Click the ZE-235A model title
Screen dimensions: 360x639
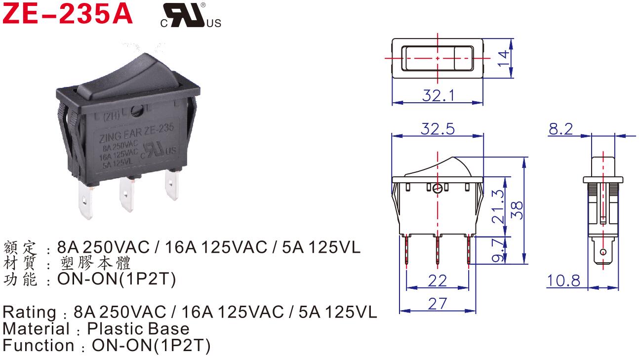[x=68, y=14]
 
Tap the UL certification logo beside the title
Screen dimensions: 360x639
[x=190, y=16]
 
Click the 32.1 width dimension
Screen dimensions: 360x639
[x=438, y=95]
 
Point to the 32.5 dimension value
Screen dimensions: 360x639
[x=437, y=129]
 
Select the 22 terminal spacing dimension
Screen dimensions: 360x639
[x=437, y=280]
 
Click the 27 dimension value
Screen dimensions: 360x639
[x=437, y=303]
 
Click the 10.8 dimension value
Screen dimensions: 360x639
[x=563, y=280]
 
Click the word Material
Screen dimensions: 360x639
[x=36, y=329]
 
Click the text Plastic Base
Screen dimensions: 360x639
[x=138, y=329]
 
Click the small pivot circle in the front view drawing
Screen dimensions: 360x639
[x=437, y=189]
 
